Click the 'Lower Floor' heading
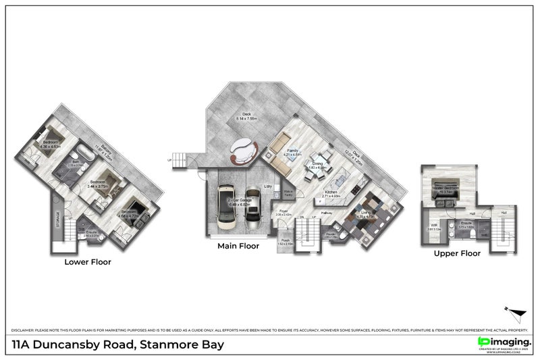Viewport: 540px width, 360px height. coord(88,261)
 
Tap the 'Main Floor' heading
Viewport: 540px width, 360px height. coord(238,247)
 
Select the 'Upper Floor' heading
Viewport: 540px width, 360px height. coord(458,254)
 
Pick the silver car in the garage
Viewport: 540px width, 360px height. coord(252,205)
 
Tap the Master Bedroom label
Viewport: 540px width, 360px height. coord(445,189)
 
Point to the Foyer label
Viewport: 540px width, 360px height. coord(283,212)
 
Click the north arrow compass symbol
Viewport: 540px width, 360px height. coord(516,312)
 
